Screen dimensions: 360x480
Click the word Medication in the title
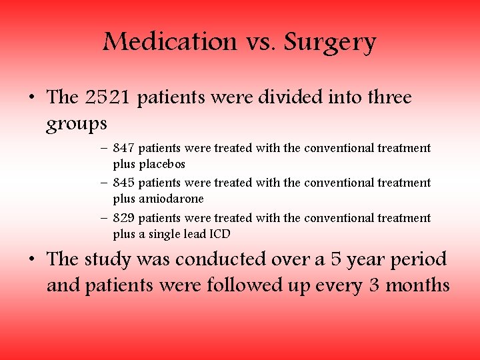click(x=169, y=43)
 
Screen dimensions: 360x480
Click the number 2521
click(x=110, y=97)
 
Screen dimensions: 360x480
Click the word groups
click(x=77, y=125)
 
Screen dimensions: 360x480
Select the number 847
click(x=124, y=148)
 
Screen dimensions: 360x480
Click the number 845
click(x=124, y=183)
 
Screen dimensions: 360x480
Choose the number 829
click(x=124, y=218)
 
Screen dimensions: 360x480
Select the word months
click(x=419, y=286)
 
